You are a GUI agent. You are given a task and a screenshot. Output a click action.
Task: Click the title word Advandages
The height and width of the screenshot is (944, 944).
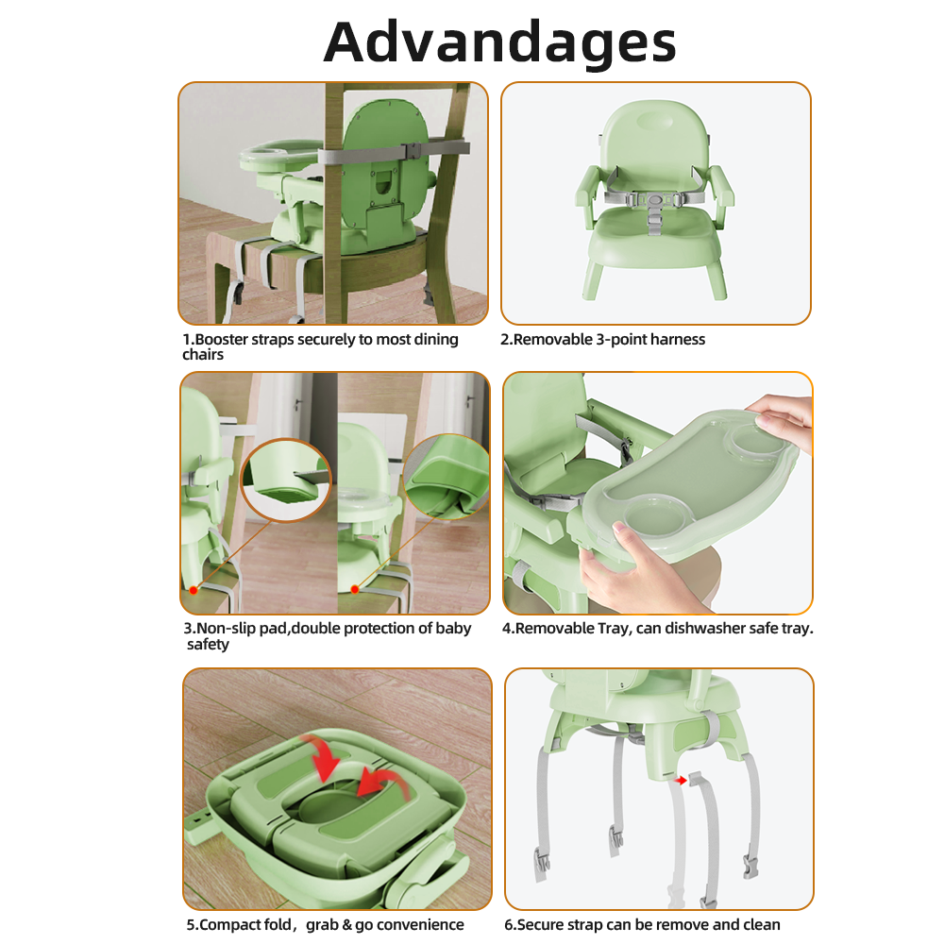pos(499,43)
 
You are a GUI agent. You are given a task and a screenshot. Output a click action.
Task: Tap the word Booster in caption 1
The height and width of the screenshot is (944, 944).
pos(221,340)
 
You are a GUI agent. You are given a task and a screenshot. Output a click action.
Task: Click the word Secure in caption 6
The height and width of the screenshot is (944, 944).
pos(541,925)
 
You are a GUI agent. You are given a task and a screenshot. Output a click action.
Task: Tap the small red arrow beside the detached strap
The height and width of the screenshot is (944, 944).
pos(681,781)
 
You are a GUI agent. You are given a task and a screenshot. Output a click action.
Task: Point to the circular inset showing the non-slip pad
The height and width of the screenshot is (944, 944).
pos(285,480)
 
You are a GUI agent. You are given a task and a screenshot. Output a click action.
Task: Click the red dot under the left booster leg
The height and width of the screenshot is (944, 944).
pos(194,591)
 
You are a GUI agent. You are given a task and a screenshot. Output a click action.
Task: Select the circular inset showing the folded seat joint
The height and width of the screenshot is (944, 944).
pos(447,476)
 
